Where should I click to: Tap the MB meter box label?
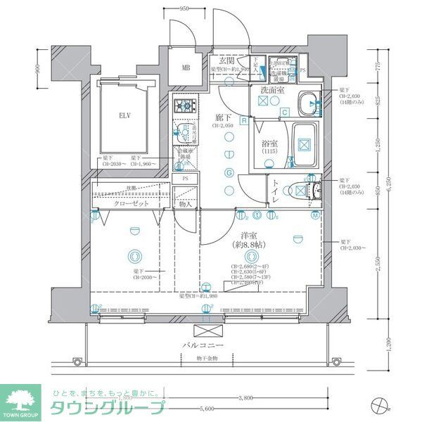pos(186,68)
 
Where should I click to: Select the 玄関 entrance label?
pos(225,61)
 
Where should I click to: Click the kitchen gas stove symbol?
pos(185,107)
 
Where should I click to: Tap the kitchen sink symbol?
pos(184,132)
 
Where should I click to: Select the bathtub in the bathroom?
pos(304,145)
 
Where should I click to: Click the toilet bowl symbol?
pos(307,189)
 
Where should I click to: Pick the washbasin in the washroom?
pos(307,103)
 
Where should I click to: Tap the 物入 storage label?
pos(186,204)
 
